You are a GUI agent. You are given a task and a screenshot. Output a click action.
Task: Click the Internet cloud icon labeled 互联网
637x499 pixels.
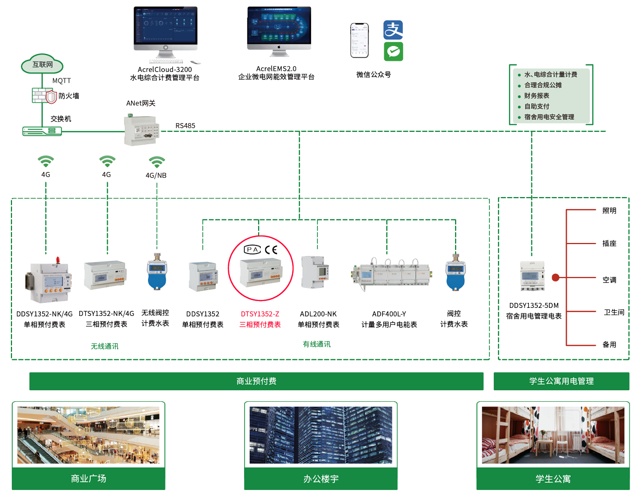(x=42, y=64)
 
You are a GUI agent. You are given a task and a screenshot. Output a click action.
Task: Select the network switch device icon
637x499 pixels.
(x=42, y=131)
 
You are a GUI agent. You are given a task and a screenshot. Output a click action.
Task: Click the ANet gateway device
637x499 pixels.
(x=142, y=130)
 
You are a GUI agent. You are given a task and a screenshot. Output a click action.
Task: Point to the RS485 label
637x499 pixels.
(x=185, y=126)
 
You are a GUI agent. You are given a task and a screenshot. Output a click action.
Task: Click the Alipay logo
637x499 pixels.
(x=393, y=30)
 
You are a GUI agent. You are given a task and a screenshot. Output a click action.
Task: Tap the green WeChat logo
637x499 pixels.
(x=393, y=51)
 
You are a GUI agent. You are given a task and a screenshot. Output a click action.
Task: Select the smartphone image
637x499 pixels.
(x=359, y=40)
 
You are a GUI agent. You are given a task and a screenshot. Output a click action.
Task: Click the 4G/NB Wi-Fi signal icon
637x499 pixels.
(x=157, y=162)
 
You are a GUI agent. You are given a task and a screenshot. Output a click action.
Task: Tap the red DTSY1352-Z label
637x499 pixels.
(x=260, y=314)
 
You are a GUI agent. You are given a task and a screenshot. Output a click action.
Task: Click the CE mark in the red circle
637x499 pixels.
(x=271, y=249)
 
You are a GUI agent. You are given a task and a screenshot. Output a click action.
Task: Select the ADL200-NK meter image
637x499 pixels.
(x=316, y=272)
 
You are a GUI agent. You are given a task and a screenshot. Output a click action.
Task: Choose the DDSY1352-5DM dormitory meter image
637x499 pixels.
(x=532, y=275)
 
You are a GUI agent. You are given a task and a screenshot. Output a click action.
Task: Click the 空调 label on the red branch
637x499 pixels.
(x=609, y=280)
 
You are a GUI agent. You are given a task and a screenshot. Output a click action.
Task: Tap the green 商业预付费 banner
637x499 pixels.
(x=256, y=381)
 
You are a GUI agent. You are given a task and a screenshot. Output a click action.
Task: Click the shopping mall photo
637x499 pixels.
(x=88, y=435)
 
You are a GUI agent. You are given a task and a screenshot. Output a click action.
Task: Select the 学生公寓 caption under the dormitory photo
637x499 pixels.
(x=553, y=479)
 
